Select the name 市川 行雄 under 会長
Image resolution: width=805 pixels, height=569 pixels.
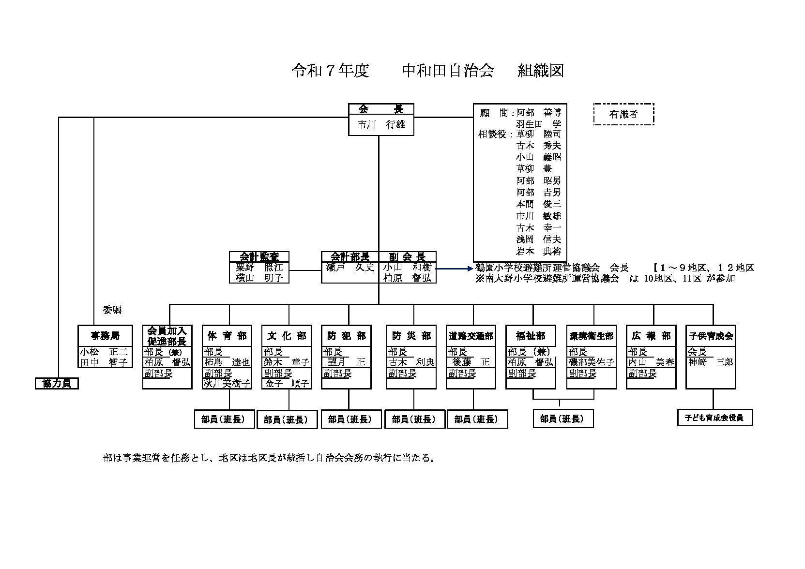coord(381,124)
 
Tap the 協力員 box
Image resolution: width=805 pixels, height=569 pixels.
coord(57,383)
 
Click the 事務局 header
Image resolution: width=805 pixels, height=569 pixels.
coord(105,336)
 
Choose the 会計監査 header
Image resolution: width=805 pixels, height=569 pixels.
coord(259,256)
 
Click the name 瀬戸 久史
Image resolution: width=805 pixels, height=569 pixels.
coord(350,267)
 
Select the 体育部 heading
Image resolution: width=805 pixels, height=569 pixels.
coord(227,336)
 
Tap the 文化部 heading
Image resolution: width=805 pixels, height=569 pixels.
coord(287,336)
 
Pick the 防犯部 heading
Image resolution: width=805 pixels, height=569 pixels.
coord(346,336)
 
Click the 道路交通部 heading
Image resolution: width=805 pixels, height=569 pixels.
coord(471,336)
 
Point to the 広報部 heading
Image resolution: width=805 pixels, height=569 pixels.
coord(651,336)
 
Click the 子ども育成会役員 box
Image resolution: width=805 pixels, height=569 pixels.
coord(715,418)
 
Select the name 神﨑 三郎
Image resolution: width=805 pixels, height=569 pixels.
coord(711,362)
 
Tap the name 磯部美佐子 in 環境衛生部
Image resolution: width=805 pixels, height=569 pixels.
coord(591,362)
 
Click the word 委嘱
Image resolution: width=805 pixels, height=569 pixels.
coord(112,310)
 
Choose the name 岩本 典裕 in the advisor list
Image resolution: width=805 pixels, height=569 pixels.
coord(538,251)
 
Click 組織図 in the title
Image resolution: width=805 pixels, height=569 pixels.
coord(541,71)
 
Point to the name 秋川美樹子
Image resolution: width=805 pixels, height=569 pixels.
coord(227,383)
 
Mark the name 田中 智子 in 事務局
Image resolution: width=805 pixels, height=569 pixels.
coord(104,362)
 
